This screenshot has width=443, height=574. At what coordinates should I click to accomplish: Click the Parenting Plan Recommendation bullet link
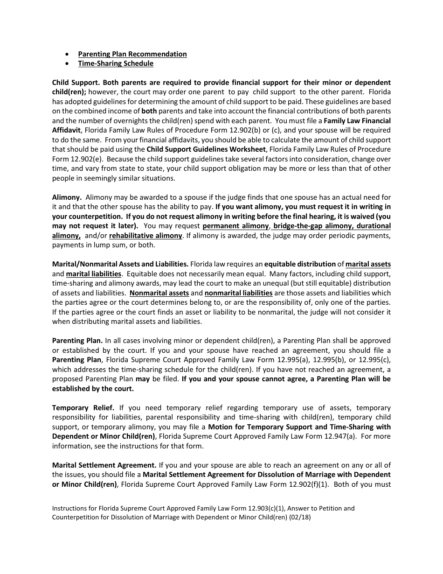coord(132,54)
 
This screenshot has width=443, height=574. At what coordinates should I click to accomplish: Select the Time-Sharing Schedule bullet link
coord(116,63)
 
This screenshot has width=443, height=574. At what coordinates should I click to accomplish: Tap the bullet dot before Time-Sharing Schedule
coord(69,63)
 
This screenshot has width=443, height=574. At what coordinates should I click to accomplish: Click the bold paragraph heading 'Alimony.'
coord(67,197)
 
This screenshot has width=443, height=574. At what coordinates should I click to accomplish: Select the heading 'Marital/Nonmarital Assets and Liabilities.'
coord(120,264)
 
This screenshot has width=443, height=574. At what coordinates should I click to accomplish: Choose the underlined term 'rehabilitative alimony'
coord(145,236)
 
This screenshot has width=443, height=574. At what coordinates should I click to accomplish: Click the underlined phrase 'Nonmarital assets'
coord(159,293)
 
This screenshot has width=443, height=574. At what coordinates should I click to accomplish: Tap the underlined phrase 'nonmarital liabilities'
coord(238,293)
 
